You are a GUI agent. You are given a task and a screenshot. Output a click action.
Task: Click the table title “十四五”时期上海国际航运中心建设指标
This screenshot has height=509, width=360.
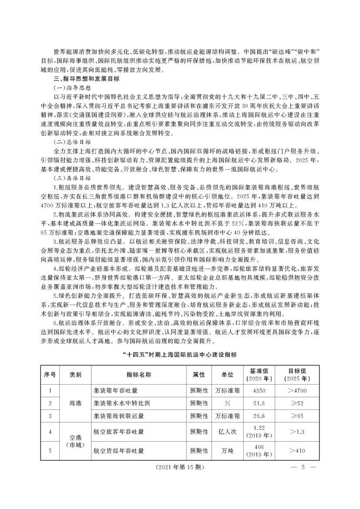[180, 355]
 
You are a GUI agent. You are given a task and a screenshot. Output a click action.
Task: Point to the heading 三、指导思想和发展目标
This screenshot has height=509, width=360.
[89, 79]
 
